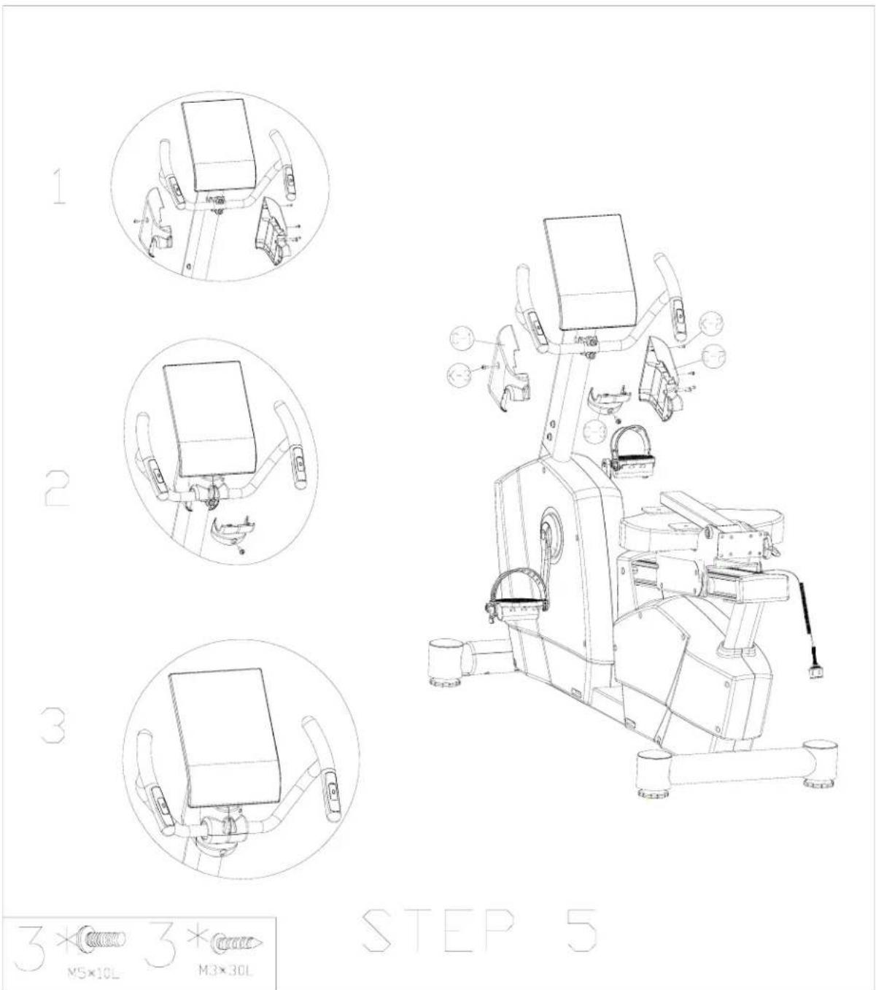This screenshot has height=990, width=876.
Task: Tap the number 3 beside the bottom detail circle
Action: [52, 723]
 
